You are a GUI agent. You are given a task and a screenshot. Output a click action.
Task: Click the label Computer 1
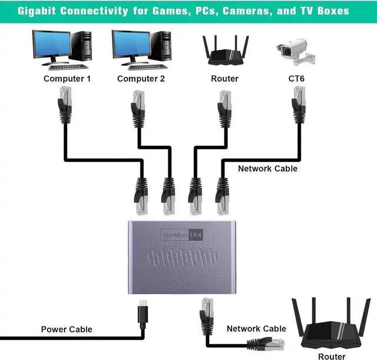click(67, 78)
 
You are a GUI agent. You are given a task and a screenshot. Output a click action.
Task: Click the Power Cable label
click(67, 329)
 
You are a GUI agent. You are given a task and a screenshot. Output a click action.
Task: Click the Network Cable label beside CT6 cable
click(267, 169)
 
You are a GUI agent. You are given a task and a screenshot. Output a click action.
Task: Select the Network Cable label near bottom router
click(256, 329)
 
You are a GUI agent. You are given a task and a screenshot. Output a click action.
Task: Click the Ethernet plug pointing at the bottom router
click(276, 341)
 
